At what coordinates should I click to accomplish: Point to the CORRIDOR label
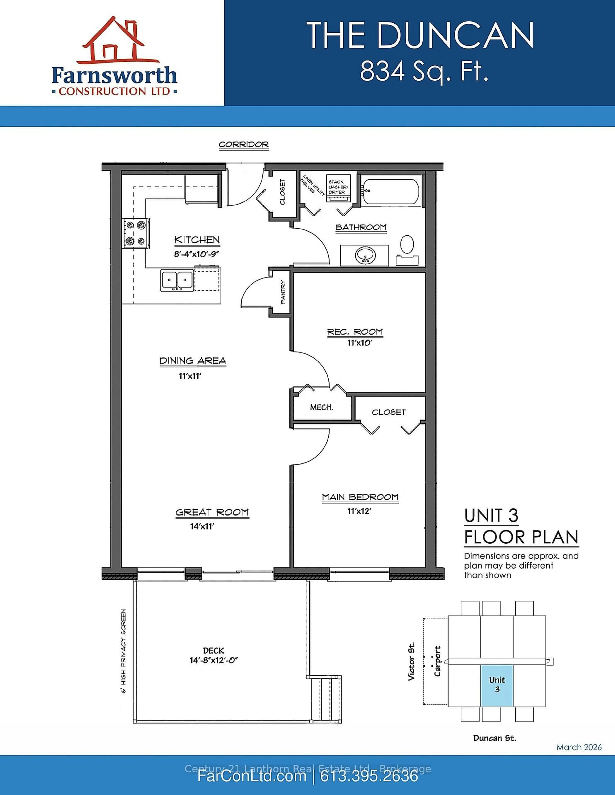point(244,145)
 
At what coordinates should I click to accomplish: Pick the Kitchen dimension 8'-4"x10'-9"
point(197,254)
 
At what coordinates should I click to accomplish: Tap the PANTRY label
point(283,292)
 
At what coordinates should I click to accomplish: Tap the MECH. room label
point(321,407)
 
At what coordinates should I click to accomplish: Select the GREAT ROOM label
point(212,512)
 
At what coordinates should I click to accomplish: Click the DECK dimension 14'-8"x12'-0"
point(214,660)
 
